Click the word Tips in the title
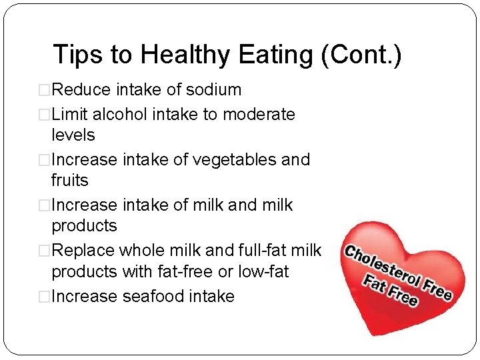(x=75, y=55)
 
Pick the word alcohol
(x=121, y=114)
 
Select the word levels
(x=73, y=135)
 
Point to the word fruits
(x=70, y=180)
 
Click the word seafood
(x=150, y=295)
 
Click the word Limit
(x=69, y=114)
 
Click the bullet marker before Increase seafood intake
(x=45, y=296)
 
